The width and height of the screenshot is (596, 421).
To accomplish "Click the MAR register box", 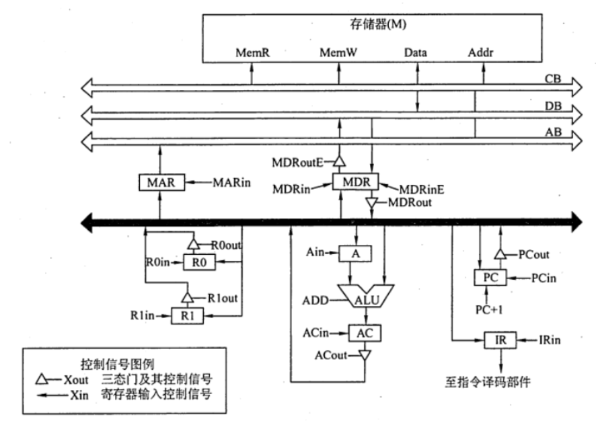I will click(x=160, y=182).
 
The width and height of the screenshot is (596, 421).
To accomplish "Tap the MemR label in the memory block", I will click(x=252, y=50).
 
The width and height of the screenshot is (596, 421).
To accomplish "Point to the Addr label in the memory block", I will click(x=476, y=50).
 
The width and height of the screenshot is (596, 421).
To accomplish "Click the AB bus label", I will click(x=553, y=135).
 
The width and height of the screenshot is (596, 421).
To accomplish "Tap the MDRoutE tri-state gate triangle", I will click(x=340, y=161).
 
